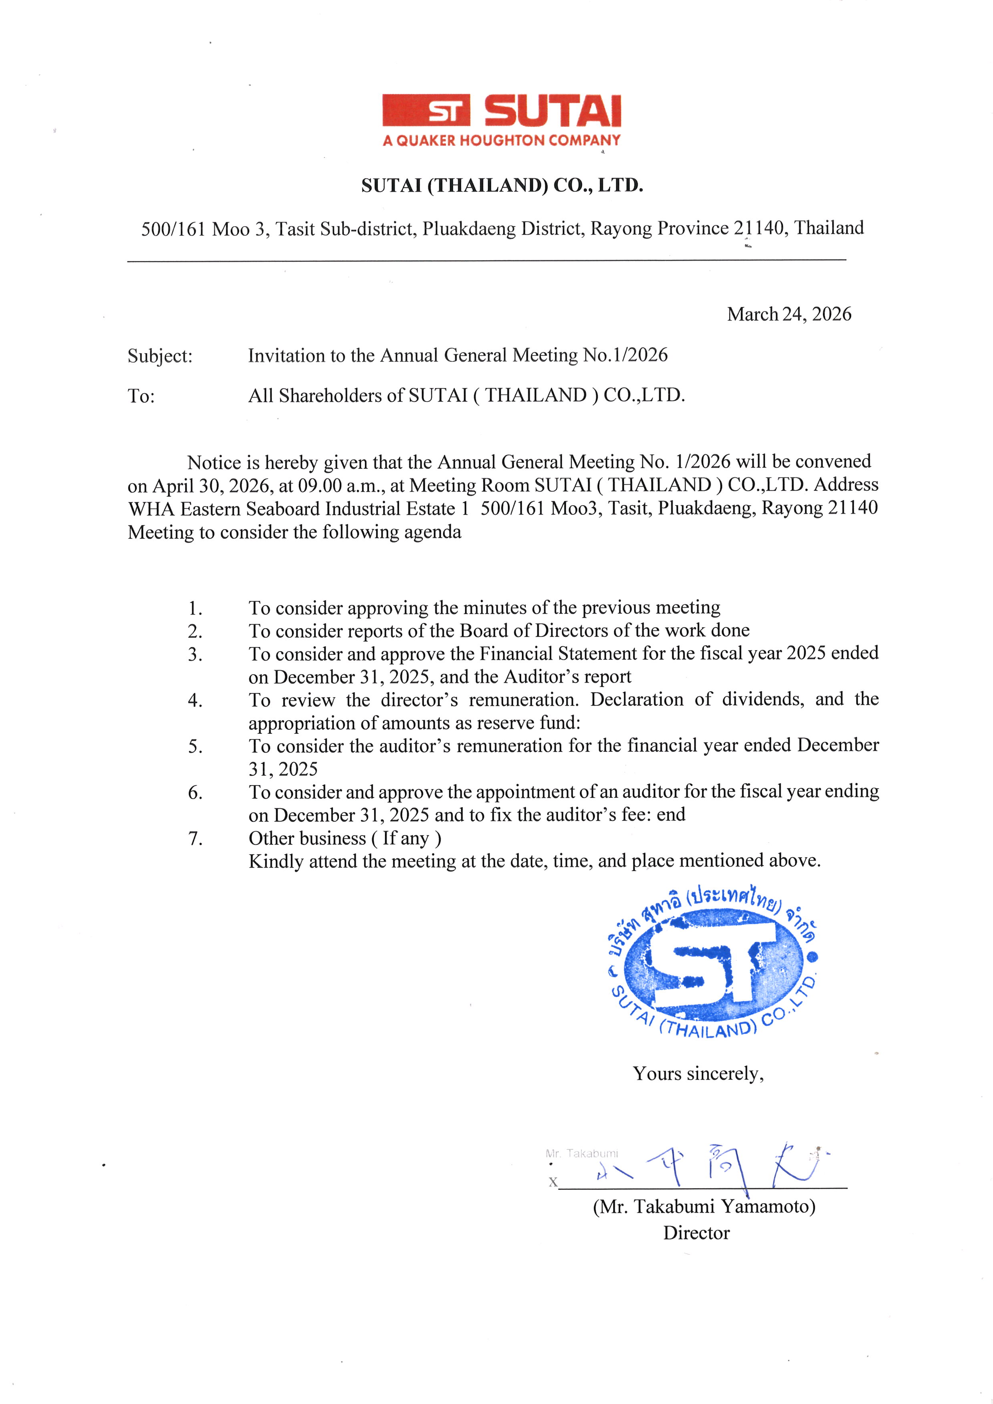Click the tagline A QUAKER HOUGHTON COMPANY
click(501, 141)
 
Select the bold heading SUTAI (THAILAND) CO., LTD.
click(502, 185)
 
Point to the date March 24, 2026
click(789, 314)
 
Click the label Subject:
click(160, 356)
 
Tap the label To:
click(141, 396)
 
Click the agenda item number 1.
click(195, 609)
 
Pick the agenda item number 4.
click(195, 700)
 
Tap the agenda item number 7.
click(195, 838)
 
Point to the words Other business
click(307, 838)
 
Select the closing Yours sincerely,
click(698, 1074)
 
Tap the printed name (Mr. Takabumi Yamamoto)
click(704, 1207)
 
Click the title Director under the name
click(696, 1233)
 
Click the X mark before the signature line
click(553, 1182)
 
